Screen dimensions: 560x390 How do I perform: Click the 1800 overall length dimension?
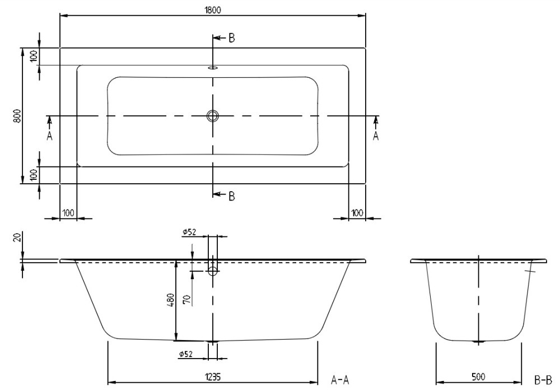pos(212,10)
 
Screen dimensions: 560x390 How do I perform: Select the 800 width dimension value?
pos(17,116)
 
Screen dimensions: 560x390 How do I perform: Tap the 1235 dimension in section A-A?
pos(213,377)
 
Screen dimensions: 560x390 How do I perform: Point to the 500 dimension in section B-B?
pos(478,377)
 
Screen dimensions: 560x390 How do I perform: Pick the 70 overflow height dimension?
pos(186,299)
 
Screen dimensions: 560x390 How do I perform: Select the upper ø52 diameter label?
pos(189,233)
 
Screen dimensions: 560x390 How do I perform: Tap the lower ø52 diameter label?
pos(186,354)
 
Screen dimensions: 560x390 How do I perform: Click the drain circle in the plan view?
pos(212,116)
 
